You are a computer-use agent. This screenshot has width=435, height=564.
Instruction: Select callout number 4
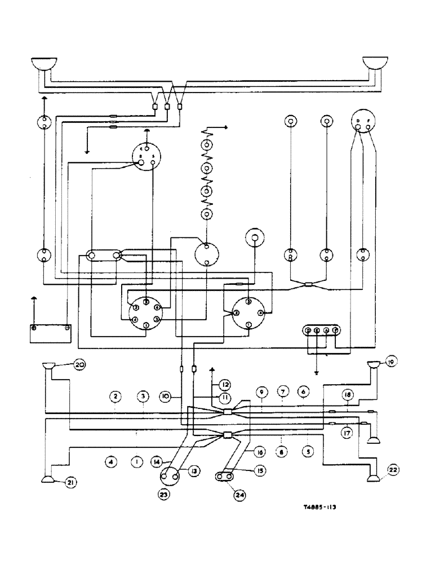point(110,461)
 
